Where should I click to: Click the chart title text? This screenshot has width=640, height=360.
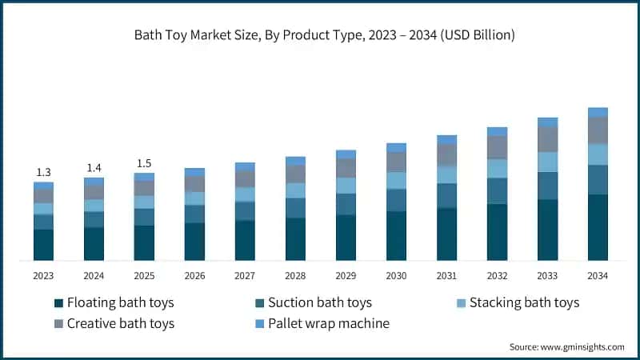320,34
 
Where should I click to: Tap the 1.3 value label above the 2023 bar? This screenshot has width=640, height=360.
43,172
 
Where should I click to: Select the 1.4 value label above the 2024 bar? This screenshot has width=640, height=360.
94,167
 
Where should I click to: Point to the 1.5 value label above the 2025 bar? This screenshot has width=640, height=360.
144,162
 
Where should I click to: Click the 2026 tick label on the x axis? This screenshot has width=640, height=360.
194,276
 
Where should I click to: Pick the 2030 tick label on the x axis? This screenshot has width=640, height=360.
396,276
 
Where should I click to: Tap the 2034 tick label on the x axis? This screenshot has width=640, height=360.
598,276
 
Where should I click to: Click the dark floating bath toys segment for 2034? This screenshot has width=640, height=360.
598,227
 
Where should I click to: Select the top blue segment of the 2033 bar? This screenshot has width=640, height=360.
547,122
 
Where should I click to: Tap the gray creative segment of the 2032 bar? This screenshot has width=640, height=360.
497,147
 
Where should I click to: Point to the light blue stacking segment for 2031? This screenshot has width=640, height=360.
446,174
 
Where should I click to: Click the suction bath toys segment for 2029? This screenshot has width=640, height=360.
346,204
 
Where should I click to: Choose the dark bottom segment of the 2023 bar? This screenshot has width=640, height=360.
43,245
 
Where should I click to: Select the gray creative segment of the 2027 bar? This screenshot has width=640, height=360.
245,179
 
